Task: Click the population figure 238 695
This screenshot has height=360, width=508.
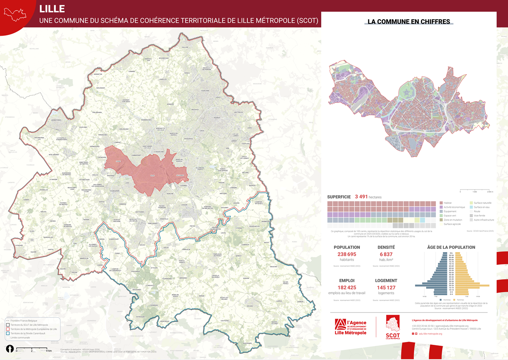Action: [347, 254]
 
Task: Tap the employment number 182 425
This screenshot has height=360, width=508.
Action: [347, 287]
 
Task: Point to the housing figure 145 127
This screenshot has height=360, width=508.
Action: [386, 287]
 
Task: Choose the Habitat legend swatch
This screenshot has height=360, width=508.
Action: [441, 203]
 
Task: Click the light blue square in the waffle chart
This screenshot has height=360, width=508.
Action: [422, 220]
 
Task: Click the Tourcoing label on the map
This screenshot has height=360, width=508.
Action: [205, 91]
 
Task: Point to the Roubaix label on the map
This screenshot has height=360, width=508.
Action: [206, 118]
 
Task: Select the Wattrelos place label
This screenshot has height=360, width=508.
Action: [239, 112]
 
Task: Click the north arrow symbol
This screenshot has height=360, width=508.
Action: [9, 349]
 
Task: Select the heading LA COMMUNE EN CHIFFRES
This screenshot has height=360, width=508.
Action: [408, 22]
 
